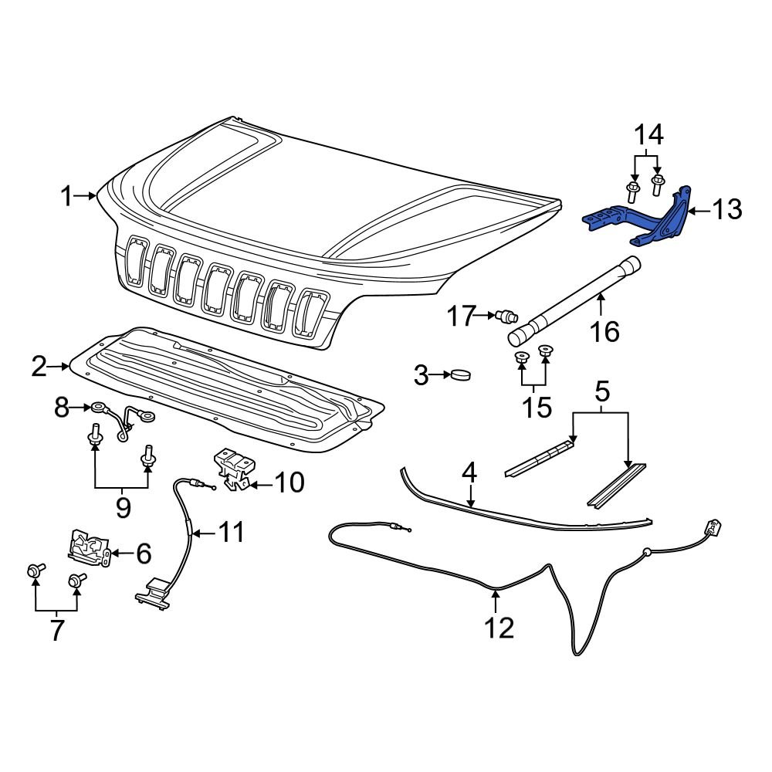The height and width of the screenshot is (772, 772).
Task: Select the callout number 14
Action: (x=648, y=136)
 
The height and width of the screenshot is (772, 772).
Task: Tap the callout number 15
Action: (x=536, y=406)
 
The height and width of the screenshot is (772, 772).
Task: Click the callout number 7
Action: (x=57, y=630)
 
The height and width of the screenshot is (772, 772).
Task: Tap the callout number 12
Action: (x=499, y=627)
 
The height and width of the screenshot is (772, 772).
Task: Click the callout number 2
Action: (x=39, y=367)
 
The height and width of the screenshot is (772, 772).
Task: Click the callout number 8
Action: (x=63, y=407)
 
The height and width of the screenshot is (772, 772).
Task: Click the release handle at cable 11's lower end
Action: (x=154, y=593)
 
